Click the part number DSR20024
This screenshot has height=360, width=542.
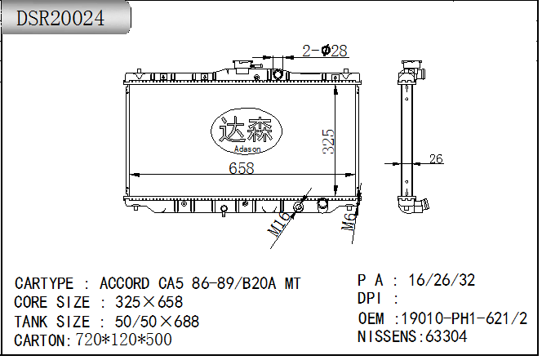point(60,18)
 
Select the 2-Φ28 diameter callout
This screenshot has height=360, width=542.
point(325,51)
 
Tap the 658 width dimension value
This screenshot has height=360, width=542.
point(242,168)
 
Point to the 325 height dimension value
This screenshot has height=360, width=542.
point(328,141)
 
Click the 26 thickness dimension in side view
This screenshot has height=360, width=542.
point(436,158)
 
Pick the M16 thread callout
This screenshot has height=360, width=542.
point(278,224)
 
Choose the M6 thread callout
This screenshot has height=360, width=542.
point(349,221)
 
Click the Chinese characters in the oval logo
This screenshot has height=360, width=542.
point(247,129)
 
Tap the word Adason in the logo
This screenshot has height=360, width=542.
point(247,149)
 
